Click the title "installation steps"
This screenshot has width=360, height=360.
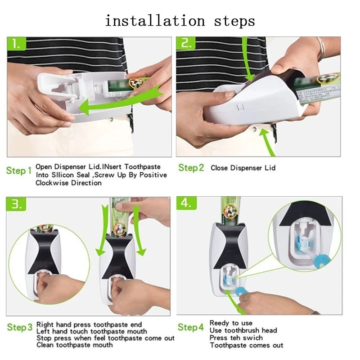click(x=180, y=21)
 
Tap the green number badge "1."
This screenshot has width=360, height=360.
click(x=17, y=43)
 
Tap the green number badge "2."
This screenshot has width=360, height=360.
click(x=186, y=43)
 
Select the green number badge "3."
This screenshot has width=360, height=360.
click(x=16, y=204)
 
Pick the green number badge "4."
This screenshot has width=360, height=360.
click(x=186, y=203)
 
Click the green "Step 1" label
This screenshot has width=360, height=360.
click(x=19, y=171)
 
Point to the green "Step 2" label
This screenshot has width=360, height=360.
click(x=191, y=168)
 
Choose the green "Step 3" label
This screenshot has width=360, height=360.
click(x=20, y=327)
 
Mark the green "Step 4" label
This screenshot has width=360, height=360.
click(x=190, y=327)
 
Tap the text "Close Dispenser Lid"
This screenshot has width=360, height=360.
click(x=243, y=168)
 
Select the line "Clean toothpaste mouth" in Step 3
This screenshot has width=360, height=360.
click(x=74, y=345)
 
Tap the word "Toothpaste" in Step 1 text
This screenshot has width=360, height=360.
click(x=142, y=166)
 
